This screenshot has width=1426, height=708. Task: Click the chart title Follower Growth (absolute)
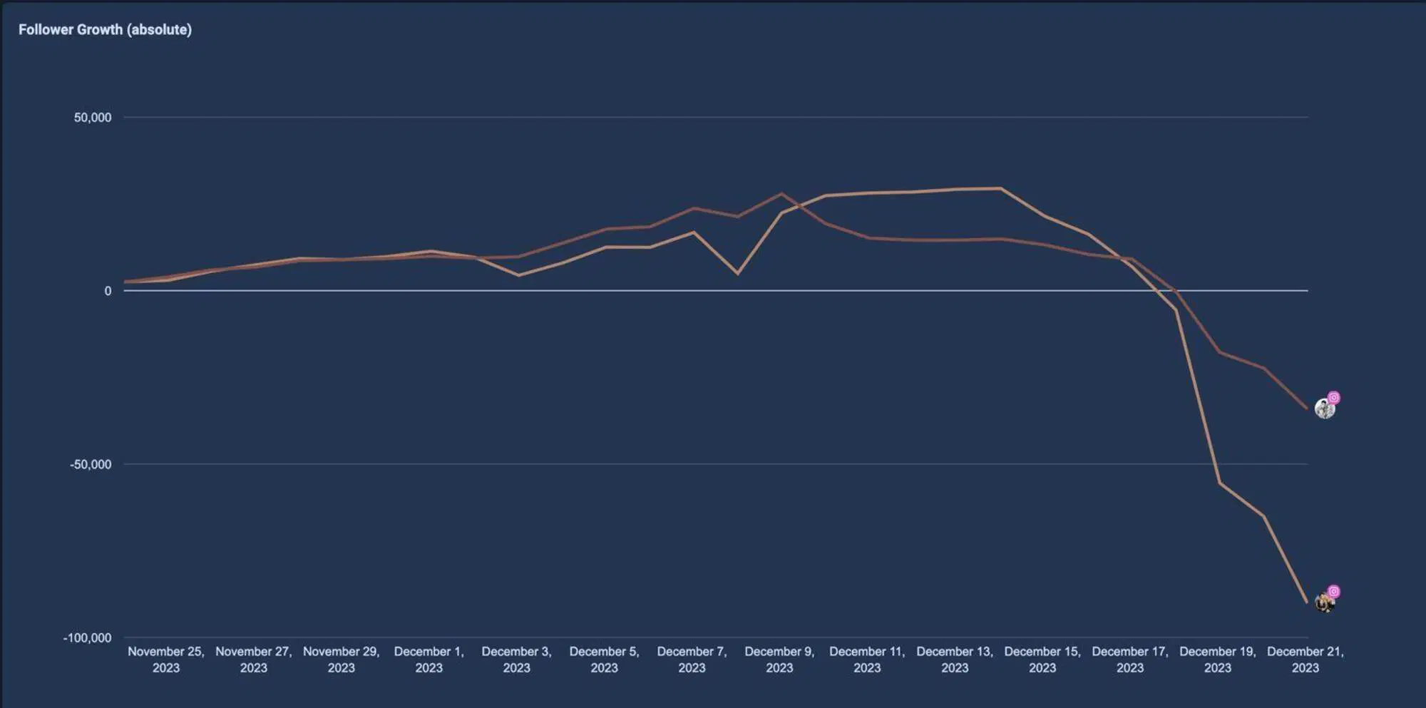[x=105, y=30]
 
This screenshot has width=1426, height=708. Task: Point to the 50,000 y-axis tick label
[x=93, y=118]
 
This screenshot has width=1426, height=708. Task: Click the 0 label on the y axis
[x=108, y=291]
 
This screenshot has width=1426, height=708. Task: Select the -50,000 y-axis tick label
[x=91, y=465]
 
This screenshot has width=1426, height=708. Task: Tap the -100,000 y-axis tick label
[x=87, y=638]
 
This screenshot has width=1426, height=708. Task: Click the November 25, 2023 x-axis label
[x=166, y=660]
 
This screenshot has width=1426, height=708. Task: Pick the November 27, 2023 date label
[x=254, y=660]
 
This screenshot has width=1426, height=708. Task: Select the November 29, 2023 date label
[x=342, y=660]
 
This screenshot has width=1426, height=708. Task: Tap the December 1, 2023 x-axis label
[x=429, y=660]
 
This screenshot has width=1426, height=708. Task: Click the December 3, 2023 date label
[x=517, y=660]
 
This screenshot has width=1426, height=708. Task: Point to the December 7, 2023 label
[x=692, y=660]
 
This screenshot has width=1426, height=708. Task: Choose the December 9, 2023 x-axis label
[x=779, y=660]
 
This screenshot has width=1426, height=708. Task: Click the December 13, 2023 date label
[x=955, y=660]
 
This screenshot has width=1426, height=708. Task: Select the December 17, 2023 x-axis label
[x=1130, y=660]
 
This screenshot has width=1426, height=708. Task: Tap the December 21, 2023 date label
[x=1306, y=660]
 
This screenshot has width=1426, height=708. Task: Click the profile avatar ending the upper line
[x=1324, y=409]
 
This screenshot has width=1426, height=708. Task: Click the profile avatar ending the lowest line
[x=1324, y=603]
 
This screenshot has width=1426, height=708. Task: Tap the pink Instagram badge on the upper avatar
[x=1334, y=398]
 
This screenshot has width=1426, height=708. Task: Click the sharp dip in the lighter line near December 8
[x=737, y=274]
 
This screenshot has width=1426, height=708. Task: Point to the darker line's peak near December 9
[x=781, y=193]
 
